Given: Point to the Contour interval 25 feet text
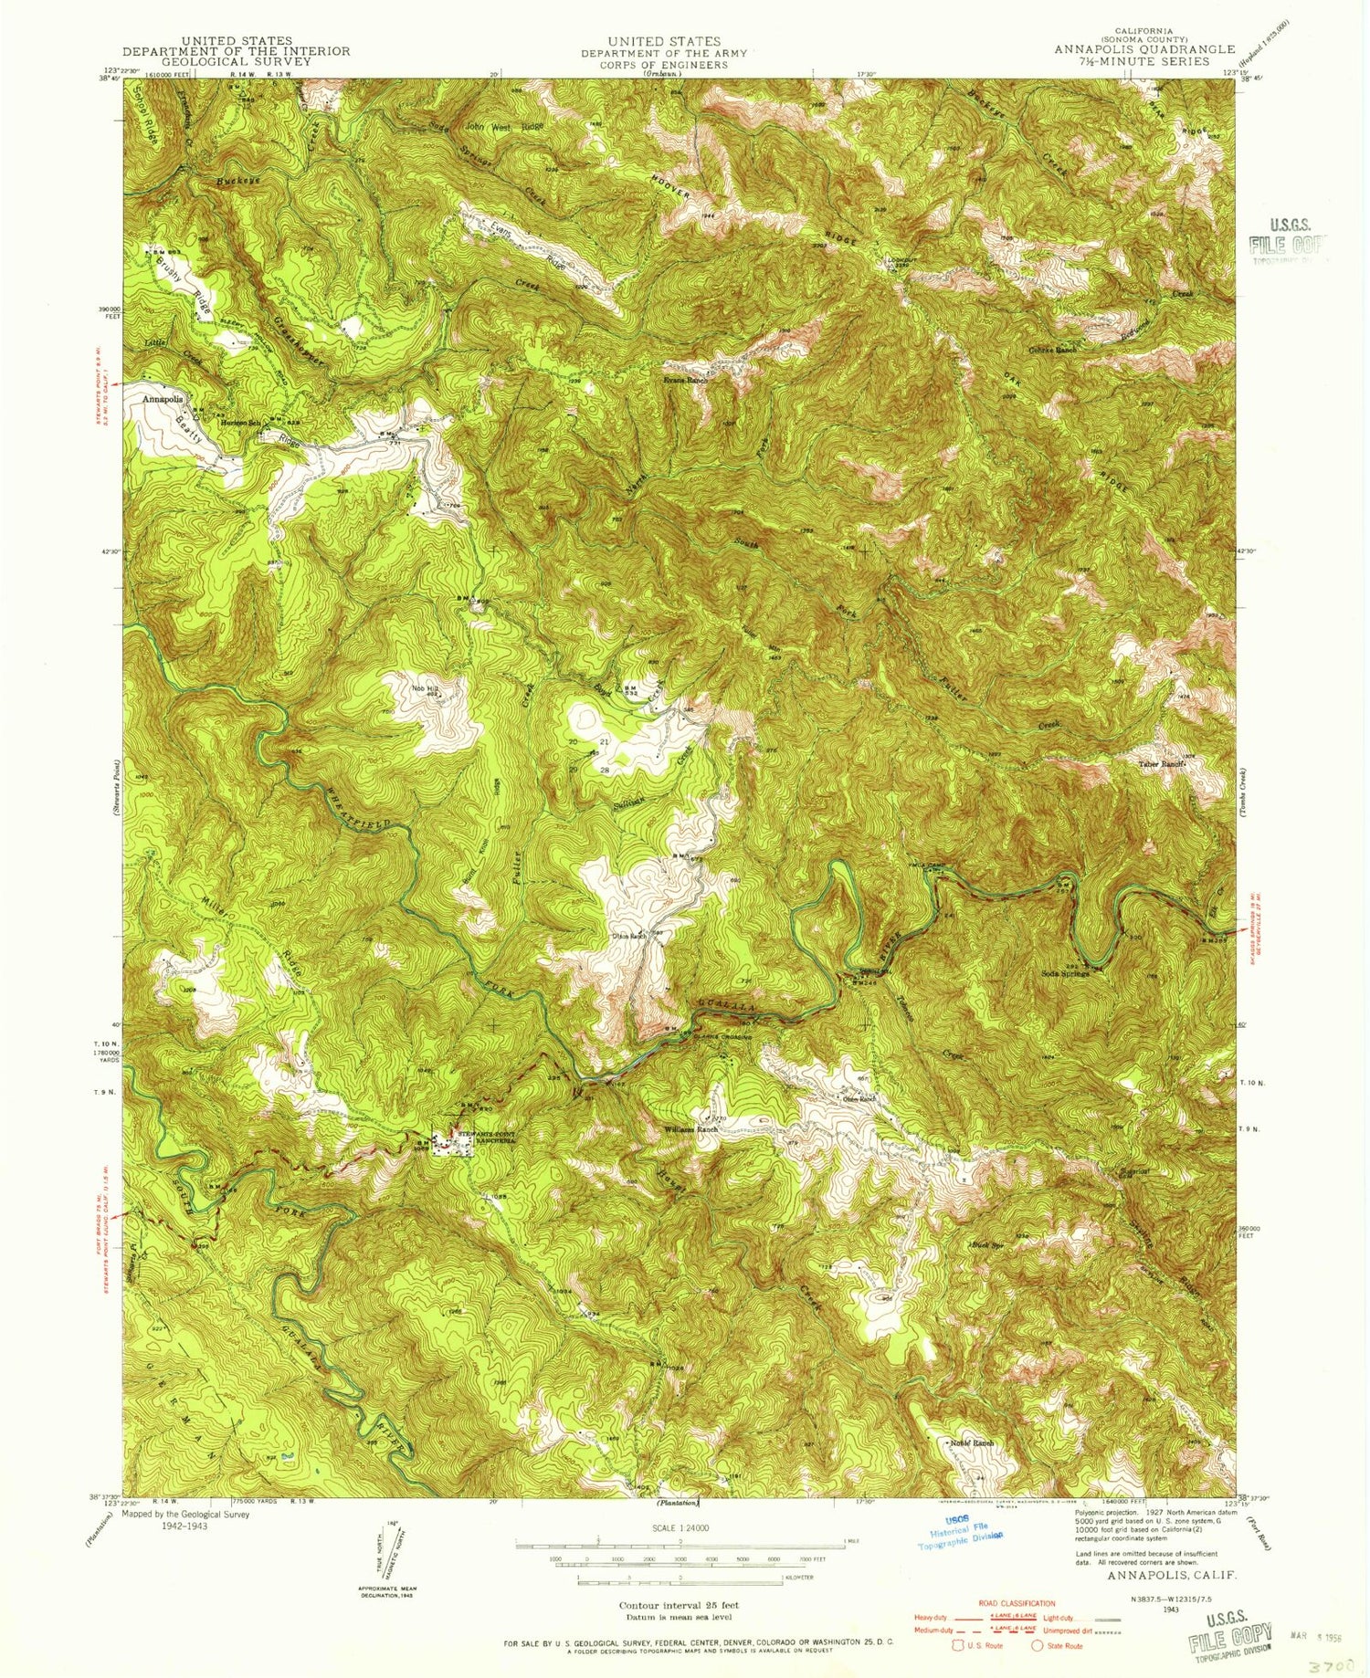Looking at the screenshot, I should [679, 1605].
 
